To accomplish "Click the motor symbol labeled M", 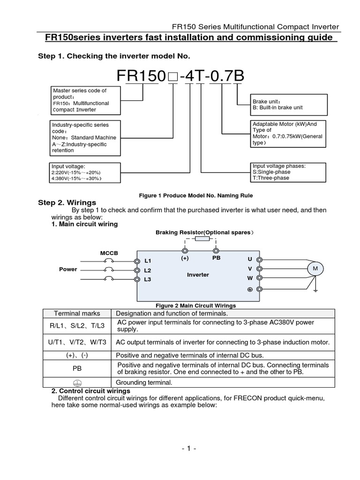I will point(315,268).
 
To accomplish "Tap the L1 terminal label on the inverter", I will point(148,261).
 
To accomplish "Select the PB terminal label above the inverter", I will point(216,257).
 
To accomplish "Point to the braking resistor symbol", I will point(202,239).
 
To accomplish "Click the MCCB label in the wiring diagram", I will point(109,253).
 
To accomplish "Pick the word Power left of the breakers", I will point(68,270).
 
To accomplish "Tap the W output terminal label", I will point(250,278).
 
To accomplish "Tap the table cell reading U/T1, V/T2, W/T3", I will point(77,342).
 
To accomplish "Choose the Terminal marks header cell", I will point(77,313).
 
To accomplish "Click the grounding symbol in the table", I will point(77,382).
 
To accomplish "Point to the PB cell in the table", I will point(77,369).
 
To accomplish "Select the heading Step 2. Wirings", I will point(67,202).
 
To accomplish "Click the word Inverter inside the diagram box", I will point(198,275).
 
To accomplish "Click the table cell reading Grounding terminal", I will point(144,382).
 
